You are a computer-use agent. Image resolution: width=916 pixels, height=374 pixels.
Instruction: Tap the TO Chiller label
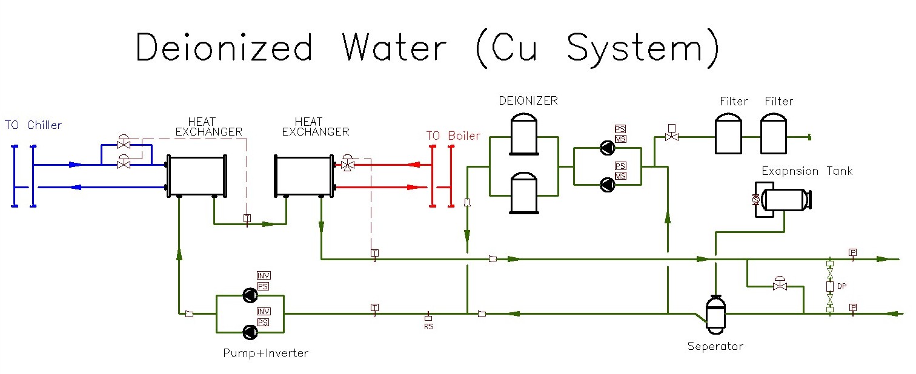click(33, 125)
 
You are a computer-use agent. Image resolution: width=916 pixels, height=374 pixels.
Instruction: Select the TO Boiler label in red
click(453, 136)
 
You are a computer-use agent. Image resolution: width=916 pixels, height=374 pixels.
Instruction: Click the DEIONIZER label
click(528, 100)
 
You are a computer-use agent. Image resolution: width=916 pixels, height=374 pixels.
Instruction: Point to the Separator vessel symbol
click(716, 314)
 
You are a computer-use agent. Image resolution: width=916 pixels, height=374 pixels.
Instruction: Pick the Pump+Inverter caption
click(265, 353)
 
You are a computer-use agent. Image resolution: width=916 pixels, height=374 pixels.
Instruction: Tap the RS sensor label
click(428, 326)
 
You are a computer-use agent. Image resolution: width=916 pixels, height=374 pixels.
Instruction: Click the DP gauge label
click(841, 286)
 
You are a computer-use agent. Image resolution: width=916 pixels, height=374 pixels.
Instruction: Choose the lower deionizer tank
click(523, 193)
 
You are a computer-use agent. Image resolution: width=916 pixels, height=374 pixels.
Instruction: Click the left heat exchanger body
click(196, 175)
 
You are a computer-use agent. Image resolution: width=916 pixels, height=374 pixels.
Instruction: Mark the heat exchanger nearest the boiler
click(304, 175)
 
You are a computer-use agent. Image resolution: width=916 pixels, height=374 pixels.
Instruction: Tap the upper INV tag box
click(264, 276)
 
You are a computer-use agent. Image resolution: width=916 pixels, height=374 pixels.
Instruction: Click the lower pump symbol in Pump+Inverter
click(250, 332)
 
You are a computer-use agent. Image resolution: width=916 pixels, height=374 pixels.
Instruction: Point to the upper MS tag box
click(620, 140)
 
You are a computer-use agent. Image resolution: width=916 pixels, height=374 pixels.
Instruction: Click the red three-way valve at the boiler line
click(348, 165)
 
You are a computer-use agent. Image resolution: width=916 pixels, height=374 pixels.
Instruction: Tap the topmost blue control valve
click(124, 145)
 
